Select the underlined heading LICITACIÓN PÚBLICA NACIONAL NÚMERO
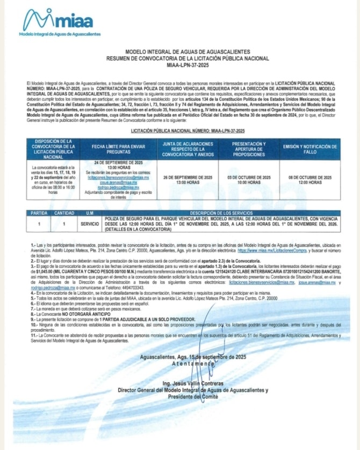[x=188, y=130]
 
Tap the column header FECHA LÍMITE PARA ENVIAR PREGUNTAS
[x=115, y=148]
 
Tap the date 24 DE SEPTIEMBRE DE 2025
[x=115, y=162]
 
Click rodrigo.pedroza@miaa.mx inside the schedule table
[x=114, y=187]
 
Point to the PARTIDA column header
[x=39, y=213]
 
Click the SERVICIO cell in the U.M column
[x=89, y=222]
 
